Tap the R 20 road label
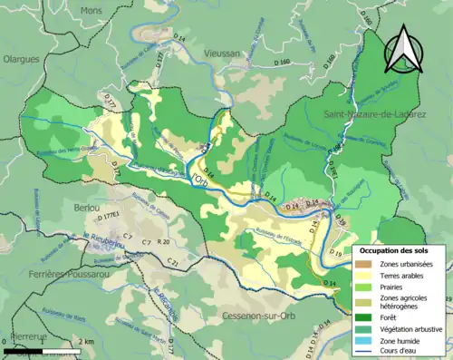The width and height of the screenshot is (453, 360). coord(163,243)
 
